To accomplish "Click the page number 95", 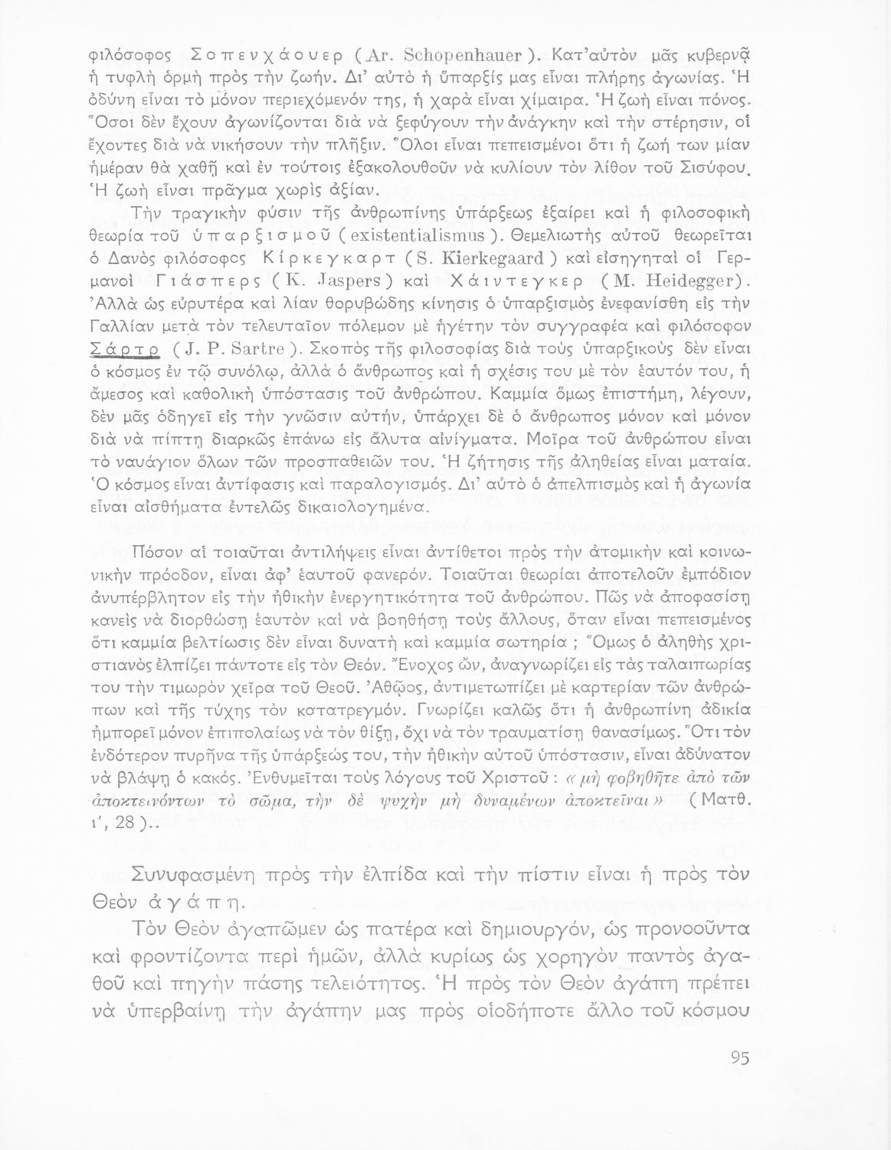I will [x=739, y=1058].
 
